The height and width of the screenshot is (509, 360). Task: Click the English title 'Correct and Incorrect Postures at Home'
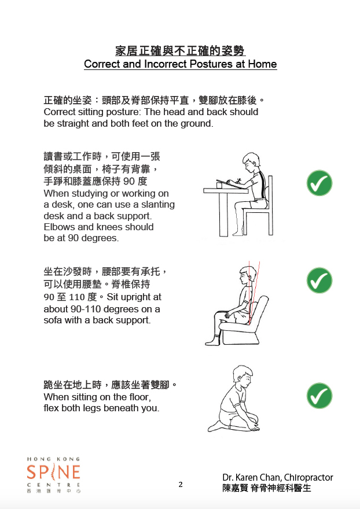click(181, 64)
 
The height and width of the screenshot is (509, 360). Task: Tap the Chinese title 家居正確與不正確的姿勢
click(181, 51)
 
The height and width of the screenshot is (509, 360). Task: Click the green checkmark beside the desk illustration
click(319, 183)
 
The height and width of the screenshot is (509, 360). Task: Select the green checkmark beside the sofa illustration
click(319, 280)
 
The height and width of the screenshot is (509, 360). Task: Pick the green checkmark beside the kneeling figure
click(319, 396)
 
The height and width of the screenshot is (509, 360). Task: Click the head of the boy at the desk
click(251, 163)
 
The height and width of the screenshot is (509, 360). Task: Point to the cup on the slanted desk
click(219, 185)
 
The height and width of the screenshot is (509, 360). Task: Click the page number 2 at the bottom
click(181, 485)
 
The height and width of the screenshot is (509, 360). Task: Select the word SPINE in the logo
click(54, 473)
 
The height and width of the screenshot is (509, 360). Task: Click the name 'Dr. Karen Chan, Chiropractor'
click(277, 478)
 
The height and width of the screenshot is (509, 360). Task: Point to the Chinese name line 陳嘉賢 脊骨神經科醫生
click(267, 488)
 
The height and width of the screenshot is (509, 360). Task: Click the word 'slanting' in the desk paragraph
click(158, 205)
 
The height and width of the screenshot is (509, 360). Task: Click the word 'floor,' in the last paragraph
click(139, 397)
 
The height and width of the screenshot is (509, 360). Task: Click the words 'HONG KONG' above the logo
click(53, 459)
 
